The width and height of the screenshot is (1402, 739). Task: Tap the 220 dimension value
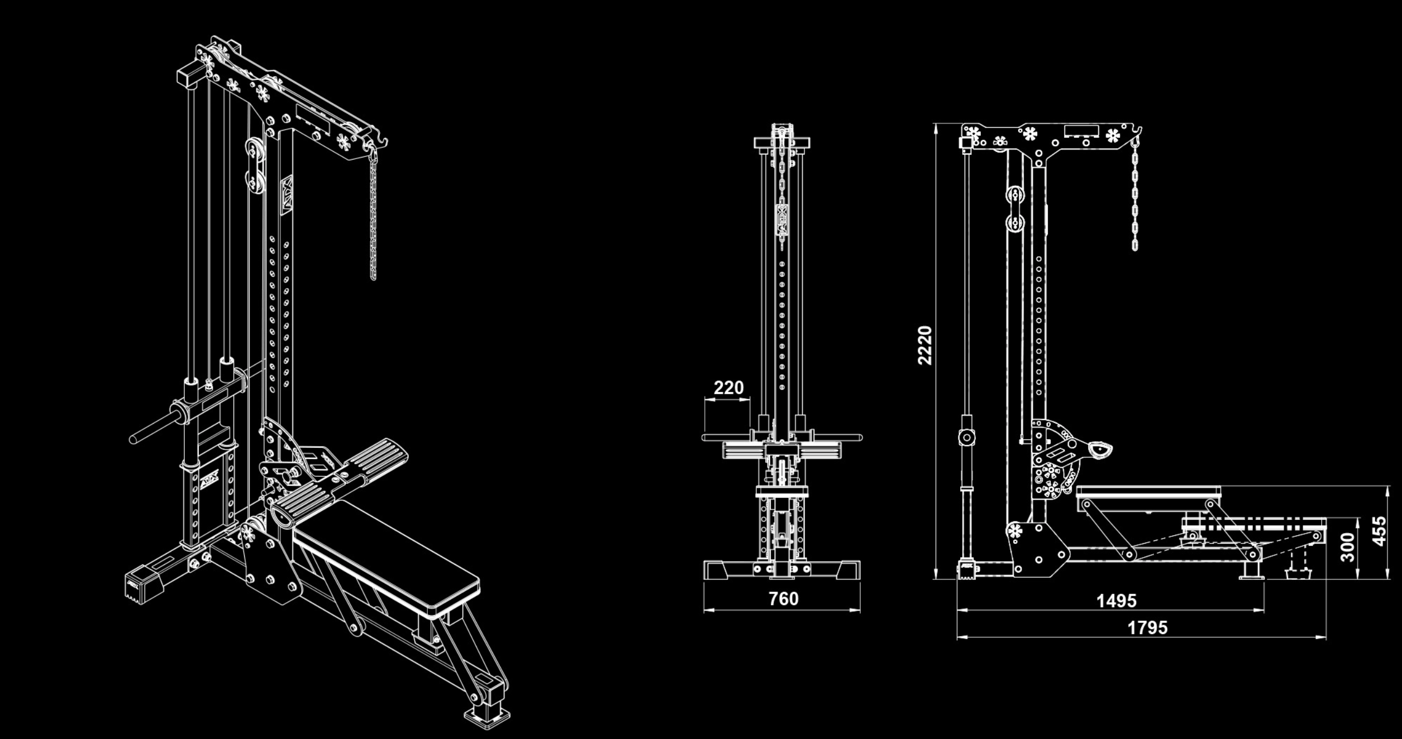728,387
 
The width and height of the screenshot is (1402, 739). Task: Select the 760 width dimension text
783,598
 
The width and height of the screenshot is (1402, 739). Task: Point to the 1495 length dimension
1116,601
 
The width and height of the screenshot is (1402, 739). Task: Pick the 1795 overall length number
1147,627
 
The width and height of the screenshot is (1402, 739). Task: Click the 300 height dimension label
1348,547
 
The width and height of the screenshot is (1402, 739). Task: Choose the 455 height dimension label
1379,531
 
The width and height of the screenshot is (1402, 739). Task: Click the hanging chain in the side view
1135,195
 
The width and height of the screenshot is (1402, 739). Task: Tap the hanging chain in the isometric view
373,218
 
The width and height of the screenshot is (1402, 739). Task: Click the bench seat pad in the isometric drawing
385,553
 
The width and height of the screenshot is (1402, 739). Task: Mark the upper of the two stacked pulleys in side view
1015,197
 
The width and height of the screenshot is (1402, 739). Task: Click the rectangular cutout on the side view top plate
1081,131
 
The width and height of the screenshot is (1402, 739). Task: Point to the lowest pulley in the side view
1014,531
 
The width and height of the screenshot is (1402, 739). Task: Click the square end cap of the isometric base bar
136,586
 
